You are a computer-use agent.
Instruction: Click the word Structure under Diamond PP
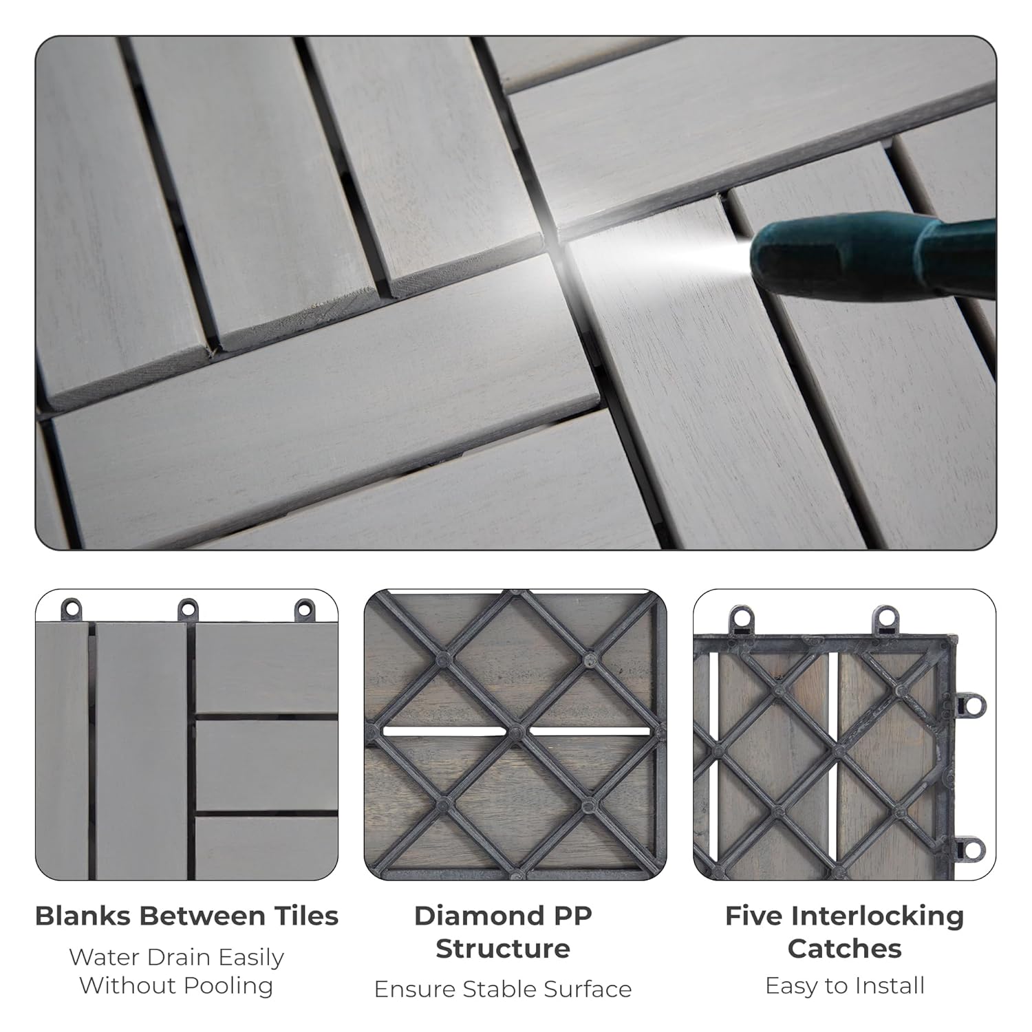(503, 949)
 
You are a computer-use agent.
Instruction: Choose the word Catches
(844, 949)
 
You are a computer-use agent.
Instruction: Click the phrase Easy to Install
(844, 986)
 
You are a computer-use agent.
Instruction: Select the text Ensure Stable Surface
(503, 989)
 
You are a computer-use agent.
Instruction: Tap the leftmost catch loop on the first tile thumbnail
(72, 609)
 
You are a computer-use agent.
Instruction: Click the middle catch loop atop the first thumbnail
(188, 609)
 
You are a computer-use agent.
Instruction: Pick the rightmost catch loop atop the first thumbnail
(303, 609)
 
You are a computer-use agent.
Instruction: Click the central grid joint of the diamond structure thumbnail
(516, 729)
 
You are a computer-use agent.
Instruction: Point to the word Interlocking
(877, 916)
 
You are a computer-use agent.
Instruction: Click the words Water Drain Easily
(176, 957)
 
